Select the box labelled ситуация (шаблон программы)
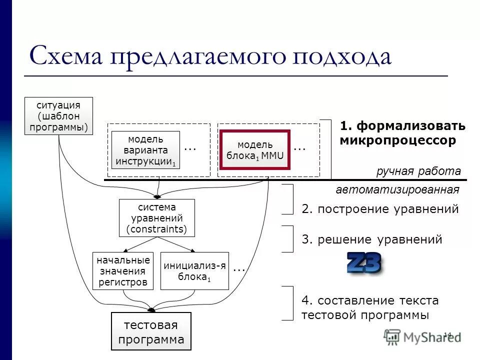tap(58, 116)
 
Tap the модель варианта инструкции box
tap(145, 150)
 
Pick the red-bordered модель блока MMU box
tap(255, 150)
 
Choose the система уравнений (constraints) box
tap(156, 218)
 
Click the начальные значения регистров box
tap(123, 271)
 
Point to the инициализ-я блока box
tap(194, 271)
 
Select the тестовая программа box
tap(150, 331)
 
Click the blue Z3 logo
tap(364, 263)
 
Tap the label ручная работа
tap(418, 171)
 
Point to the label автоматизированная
tap(397, 190)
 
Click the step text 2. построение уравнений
tap(380, 209)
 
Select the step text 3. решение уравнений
tap(372, 239)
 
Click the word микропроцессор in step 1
tap(398, 140)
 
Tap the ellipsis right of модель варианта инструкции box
tap(190, 148)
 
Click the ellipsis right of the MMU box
tap(299, 148)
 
